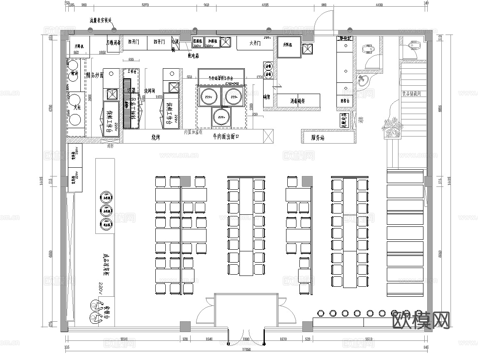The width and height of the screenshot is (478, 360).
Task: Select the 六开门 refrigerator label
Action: tap(255, 43)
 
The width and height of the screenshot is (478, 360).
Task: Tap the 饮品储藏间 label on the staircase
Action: tap(411, 94)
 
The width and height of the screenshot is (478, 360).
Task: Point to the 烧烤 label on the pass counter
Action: tap(156, 137)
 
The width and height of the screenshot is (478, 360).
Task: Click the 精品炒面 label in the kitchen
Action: tap(95, 75)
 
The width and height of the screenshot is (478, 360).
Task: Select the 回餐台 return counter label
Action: tap(345, 101)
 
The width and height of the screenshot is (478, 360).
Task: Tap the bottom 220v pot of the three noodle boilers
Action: tap(220, 117)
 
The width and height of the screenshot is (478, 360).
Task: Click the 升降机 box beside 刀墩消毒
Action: tap(79, 46)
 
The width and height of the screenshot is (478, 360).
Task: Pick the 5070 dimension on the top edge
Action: tap(145, 5)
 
